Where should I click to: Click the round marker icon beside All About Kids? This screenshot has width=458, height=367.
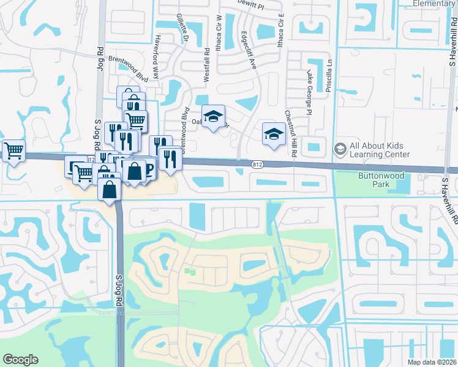tap(340, 149)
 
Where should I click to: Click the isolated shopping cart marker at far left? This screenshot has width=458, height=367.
tap(13, 150)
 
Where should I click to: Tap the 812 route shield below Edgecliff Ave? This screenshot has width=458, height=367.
tap(258, 163)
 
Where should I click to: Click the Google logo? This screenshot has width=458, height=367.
tap(20, 360)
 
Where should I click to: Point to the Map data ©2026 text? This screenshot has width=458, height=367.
tap(432, 362)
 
